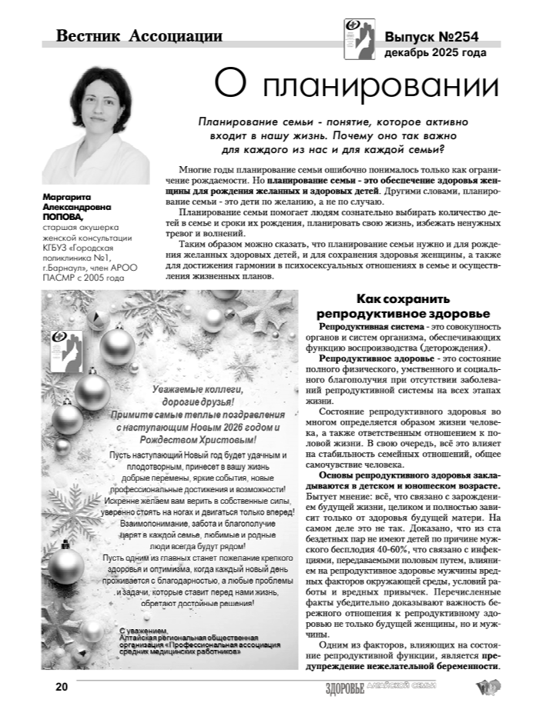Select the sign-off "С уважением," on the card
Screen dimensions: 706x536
point(143,631)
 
